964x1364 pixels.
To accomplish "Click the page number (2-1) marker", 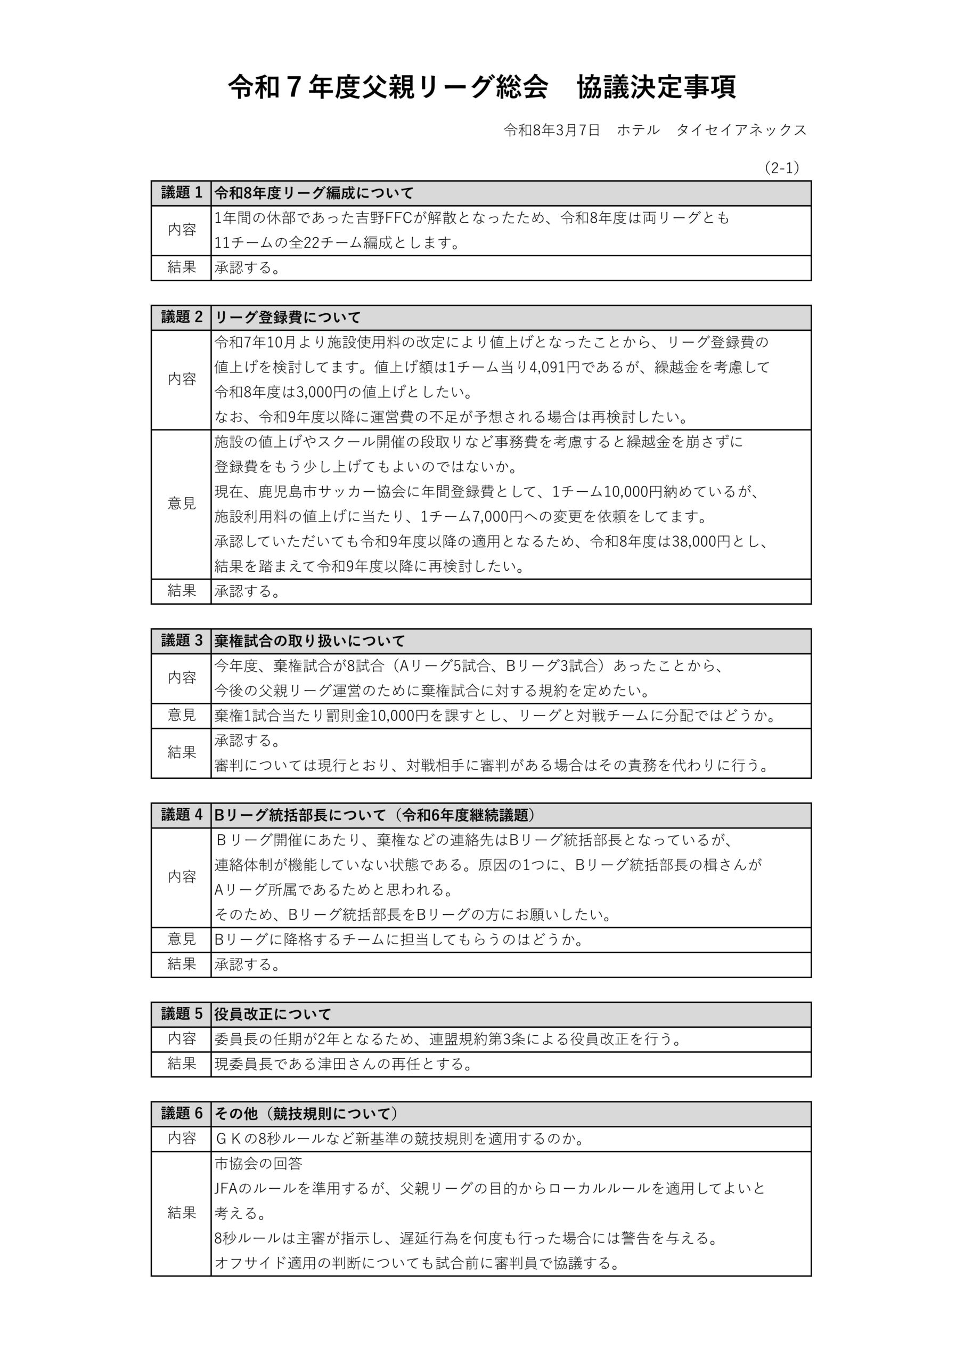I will point(782,168).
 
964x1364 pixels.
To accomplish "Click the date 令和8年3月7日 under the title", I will point(552,130).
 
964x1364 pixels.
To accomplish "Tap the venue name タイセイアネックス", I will point(741,130).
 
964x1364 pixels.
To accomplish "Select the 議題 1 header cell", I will point(181,193).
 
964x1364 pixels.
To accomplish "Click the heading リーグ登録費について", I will point(288,318).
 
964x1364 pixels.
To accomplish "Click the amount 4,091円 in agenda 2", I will point(550,367).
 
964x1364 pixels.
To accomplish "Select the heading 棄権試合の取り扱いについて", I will point(309,641).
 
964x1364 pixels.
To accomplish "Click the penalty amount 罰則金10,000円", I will point(377,716).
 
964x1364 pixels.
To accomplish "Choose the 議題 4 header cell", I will point(181,815).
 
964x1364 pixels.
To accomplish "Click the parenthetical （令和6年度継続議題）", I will point(469,815).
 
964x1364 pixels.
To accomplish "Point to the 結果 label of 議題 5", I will point(181,1063).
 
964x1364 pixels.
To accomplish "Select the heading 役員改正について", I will point(273,1014).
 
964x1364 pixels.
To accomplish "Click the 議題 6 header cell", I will point(181,1113).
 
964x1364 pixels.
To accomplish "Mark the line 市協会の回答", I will point(258,1163).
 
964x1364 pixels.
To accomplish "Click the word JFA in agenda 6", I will point(227,1188).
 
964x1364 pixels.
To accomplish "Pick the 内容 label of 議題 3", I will point(181,678).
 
